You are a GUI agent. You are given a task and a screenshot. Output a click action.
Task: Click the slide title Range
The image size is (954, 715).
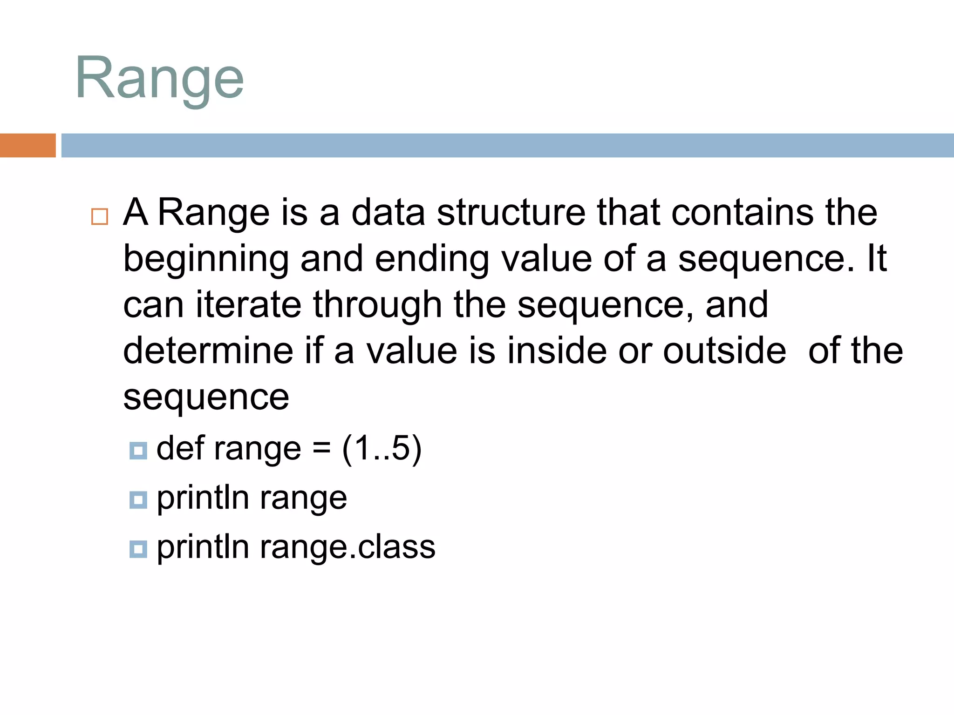coord(159,78)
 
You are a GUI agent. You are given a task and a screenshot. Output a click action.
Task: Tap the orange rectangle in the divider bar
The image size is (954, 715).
coord(27,145)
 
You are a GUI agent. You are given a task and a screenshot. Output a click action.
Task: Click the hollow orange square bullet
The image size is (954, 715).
coord(100,217)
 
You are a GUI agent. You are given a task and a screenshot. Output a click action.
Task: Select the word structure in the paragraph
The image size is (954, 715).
coord(511,212)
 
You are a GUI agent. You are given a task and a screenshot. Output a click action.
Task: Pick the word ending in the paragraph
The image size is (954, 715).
coord(432,260)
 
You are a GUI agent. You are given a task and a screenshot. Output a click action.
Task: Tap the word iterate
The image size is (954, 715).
coord(248,304)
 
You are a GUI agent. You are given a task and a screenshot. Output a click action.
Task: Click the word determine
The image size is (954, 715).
coord(208,350)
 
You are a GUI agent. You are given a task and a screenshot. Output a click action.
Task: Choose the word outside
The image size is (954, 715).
coord(724,350)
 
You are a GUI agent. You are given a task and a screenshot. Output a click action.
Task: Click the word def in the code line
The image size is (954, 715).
coord(180,448)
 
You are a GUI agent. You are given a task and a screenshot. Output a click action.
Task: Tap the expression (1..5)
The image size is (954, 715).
coord(382,449)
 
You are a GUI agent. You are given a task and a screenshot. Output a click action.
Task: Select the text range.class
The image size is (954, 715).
coord(348,547)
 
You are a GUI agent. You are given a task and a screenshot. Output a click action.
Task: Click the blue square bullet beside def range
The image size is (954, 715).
coord(138,451)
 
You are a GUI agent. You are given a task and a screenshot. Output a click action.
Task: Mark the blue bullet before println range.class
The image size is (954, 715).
coord(138,549)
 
